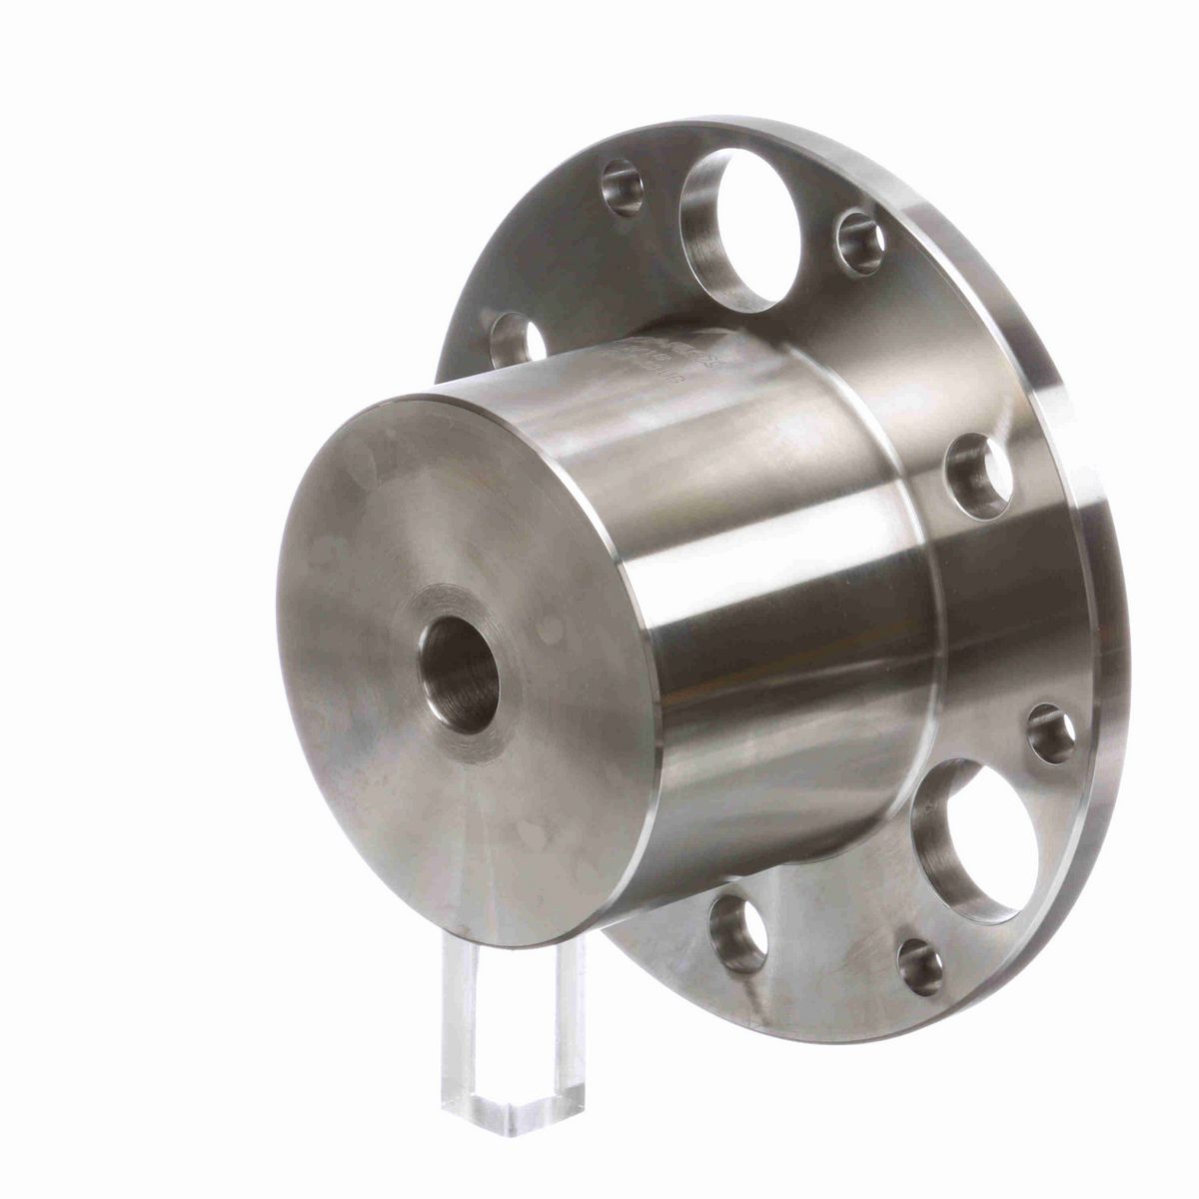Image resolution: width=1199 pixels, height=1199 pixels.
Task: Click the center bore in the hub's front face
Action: coord(461,675)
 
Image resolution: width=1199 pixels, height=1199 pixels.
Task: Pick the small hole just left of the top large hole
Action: coord(622,187)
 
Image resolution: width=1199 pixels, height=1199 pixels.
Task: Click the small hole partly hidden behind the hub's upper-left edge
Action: coord(516,339)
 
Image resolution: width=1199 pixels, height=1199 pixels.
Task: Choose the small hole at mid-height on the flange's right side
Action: coord(980,476)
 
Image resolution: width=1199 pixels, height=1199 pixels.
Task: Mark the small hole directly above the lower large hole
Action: coord(1050,733)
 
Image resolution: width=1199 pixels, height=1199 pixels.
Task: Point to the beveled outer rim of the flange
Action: coord(1099,520)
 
